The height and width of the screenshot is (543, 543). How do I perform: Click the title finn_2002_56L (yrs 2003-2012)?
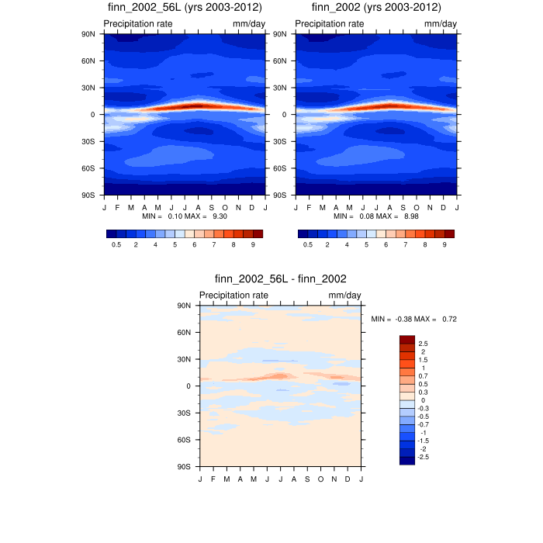point(185,8)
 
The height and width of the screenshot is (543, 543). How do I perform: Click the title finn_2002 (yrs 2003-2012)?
point(376,8)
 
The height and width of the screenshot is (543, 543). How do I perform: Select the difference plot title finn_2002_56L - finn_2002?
point(280,279)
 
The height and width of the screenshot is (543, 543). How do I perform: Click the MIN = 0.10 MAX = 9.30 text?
point(184,216)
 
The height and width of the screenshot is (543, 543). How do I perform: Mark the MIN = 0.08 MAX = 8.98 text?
point(376,216)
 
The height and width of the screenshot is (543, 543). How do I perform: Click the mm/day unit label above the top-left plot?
point(248,24)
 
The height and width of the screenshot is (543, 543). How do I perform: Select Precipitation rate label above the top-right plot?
point(330,24)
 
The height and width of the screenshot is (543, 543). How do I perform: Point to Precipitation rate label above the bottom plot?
point(233,296)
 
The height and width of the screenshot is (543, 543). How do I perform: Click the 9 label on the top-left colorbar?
point(253,244)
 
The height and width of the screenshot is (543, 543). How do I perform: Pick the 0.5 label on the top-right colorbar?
point(307,244)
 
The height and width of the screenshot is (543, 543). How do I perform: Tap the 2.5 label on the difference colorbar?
point(423,343)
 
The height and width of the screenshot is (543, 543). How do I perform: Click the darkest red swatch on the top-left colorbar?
point(258,233)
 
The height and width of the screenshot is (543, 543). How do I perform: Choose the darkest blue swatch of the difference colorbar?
point(407,461)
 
